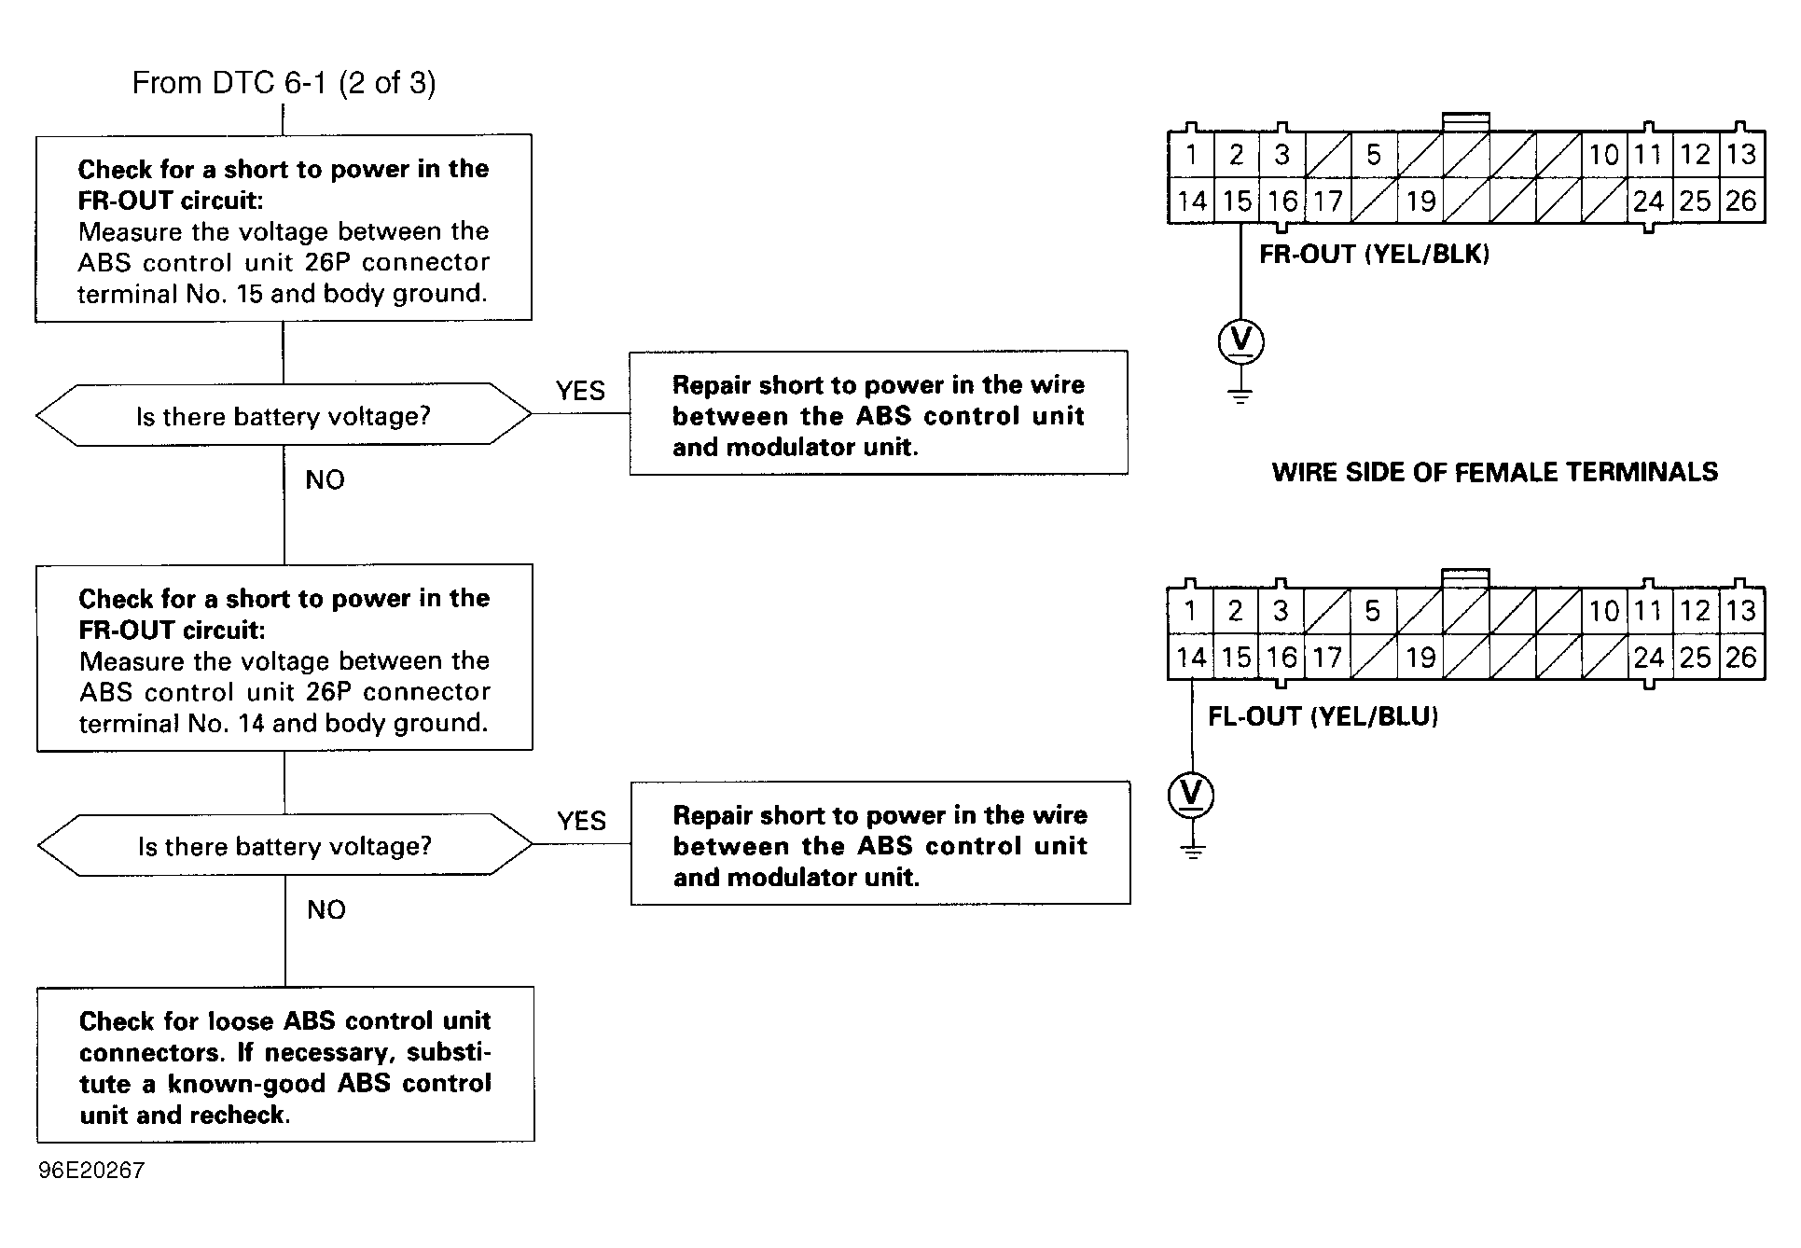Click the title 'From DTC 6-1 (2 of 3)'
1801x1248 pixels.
tap(284, 83)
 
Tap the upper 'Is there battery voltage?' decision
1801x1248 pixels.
tap(284, 415)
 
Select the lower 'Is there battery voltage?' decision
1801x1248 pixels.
tap(285, 845)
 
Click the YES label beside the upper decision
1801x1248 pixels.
tap(580, 391)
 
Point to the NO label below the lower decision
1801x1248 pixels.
tap(326, 909)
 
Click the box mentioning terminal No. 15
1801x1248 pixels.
tap(284, 229)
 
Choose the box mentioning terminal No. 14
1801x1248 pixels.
tap(284, 658)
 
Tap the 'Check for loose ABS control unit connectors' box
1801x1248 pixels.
tap(285, 1064)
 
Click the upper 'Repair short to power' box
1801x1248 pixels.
tap(879, 413)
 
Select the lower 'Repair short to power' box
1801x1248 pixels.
tap(880, 843)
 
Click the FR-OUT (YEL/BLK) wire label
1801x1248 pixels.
tap(1374, 254)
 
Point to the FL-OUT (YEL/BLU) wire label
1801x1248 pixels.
tap(1323, 716)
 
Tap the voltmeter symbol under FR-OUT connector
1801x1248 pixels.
tap(1240, 341)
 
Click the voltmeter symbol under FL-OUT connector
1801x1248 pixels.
tap(1191, 795)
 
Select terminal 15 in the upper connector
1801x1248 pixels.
tap(1237, 201)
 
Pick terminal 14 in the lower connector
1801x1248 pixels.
tap(1191, 658)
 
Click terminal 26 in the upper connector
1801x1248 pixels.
tap(1740, 201)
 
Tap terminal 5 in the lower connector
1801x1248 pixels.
tap(1372, 611)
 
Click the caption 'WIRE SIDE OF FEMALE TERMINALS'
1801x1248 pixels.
tap(1494, 472)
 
